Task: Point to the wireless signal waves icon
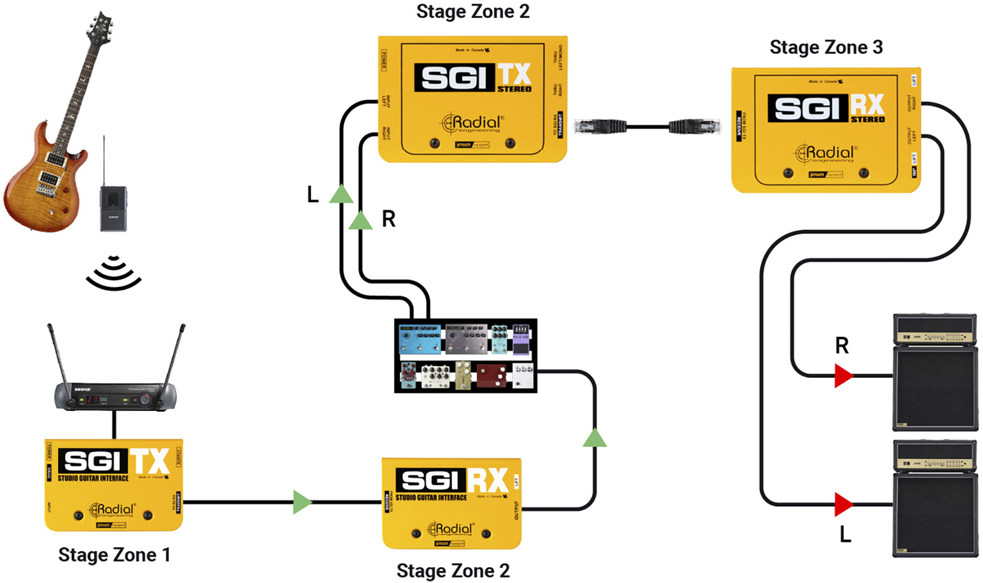[114, 274]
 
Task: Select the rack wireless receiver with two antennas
[115, 397]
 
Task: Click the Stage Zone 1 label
[114, 555]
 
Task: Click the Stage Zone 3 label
[826, 47]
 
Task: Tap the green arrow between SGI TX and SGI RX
[302, 502]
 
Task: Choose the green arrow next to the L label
[341, 195]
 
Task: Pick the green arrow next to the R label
[361, 221]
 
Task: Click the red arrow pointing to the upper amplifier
[843, 375]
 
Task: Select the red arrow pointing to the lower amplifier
[843, 505]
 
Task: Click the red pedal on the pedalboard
[491, 376]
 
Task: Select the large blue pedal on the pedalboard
[420, 339]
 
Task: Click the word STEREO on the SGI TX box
[514, 89]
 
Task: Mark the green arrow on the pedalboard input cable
[594, 438]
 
